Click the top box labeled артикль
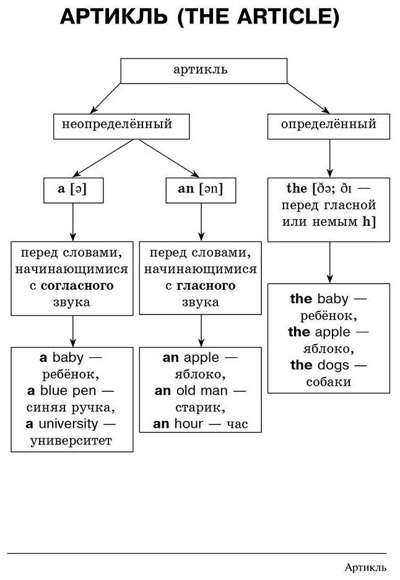coord(204,71)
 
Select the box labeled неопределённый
coord(121,126)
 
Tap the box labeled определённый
coord(329,126)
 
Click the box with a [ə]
coord(73,190)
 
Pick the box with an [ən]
coord(201,190)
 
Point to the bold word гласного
coord(206,285)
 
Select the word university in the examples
coord(68,423)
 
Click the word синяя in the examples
coord(46,408)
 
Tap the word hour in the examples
coord(189,423)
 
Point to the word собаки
coord(329,382)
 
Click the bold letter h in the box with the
coord(367,221)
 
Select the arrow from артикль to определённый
coord(308,98)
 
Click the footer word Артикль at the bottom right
coord(365,567)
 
